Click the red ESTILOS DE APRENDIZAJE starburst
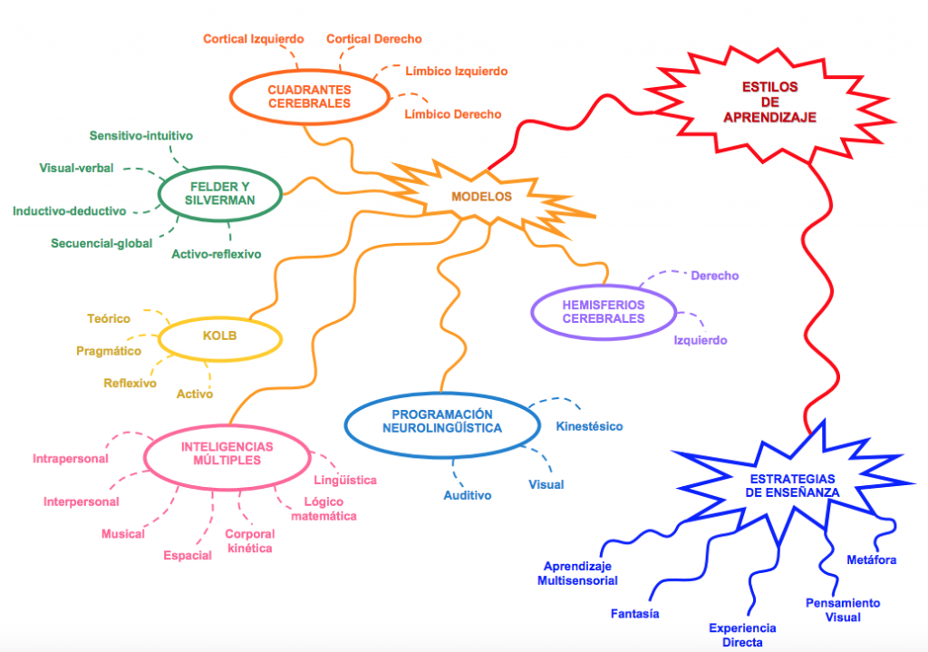click(x=769, y=103)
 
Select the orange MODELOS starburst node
click(x=481, y=197)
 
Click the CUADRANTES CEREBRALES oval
click(x=309, y=97)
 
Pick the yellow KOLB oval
click(x=220, y=338)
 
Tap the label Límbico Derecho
click(x=452, y=114)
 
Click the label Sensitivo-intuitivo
click(x=140, y=136)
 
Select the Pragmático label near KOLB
click(x=109, y=351)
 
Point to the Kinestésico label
click(x=589, y=425)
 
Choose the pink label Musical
click(x=123, y=534)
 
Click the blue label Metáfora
click(x=871, y=560)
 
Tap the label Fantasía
click(x=634, y=614)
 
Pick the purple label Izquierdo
click(x=700, y=341)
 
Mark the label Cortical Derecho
click(x=373, y=39)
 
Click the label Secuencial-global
click(x=101, y=243)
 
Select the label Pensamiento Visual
click(x=843, y=610)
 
